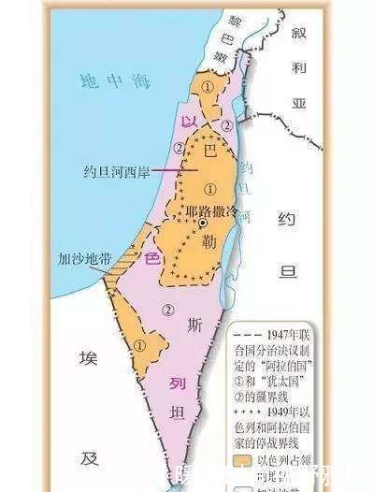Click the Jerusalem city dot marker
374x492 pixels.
point(202,224)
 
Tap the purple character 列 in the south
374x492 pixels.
point(172,384)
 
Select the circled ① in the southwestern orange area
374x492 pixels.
point(139,344)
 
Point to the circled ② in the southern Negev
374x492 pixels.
point(168,309)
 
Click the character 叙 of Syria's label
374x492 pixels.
point(299,33)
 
